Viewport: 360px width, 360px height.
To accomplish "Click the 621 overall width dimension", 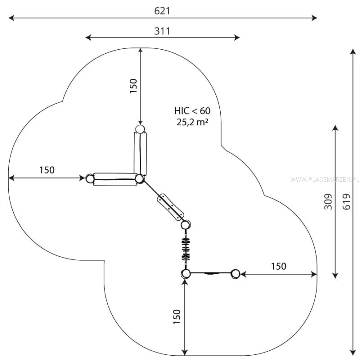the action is pyautogui.click(x=162, y=11).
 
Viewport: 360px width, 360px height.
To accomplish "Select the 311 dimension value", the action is pyautogui.click(x=162, y=31).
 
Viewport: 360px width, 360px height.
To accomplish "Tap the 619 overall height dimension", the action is pyautogui.click(x=347, y=202).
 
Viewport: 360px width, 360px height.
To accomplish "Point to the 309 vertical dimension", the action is pyautogui.click(x=328, y=202).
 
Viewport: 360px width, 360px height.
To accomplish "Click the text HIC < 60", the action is pyautogui.click(x=192, y=111).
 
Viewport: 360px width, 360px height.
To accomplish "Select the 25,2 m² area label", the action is pyautogui.click(x=192, y=122).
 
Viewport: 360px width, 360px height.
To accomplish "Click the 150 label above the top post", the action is pyautogui.click(x=133, y=86).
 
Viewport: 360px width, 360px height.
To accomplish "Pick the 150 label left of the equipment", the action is pyautogui.click(x=47, y=170).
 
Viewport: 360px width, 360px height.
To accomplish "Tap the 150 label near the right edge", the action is pyautogui.click(x=278, y=266).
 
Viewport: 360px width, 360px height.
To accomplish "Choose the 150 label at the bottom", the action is pyautogui.click(x=177, y=317).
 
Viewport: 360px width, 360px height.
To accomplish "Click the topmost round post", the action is pyautogui.click(x=140, y=129).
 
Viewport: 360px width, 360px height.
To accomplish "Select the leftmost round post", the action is pyautogui.click(x=90, y=178).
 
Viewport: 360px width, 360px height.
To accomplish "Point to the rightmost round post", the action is pyautogui.click(x=235, y=274).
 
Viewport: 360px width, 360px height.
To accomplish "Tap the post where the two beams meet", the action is pyautogui.click(x=139, y=179).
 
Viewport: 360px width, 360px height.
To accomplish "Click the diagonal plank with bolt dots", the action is pyautogui.click(x=170, y=207).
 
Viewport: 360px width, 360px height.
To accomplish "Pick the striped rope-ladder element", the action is pyautogui.click(x=186, y=249).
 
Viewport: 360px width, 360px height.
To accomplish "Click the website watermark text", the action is pyautogui.click(x=324, y=180).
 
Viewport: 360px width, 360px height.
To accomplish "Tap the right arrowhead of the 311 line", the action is pyautogui.click(x=237, y=37).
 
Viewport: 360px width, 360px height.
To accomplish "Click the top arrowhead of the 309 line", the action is pyautogui.click(x=335, y=128).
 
